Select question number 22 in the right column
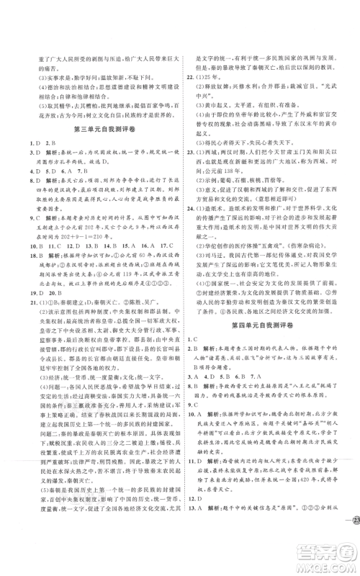[194, 94]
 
